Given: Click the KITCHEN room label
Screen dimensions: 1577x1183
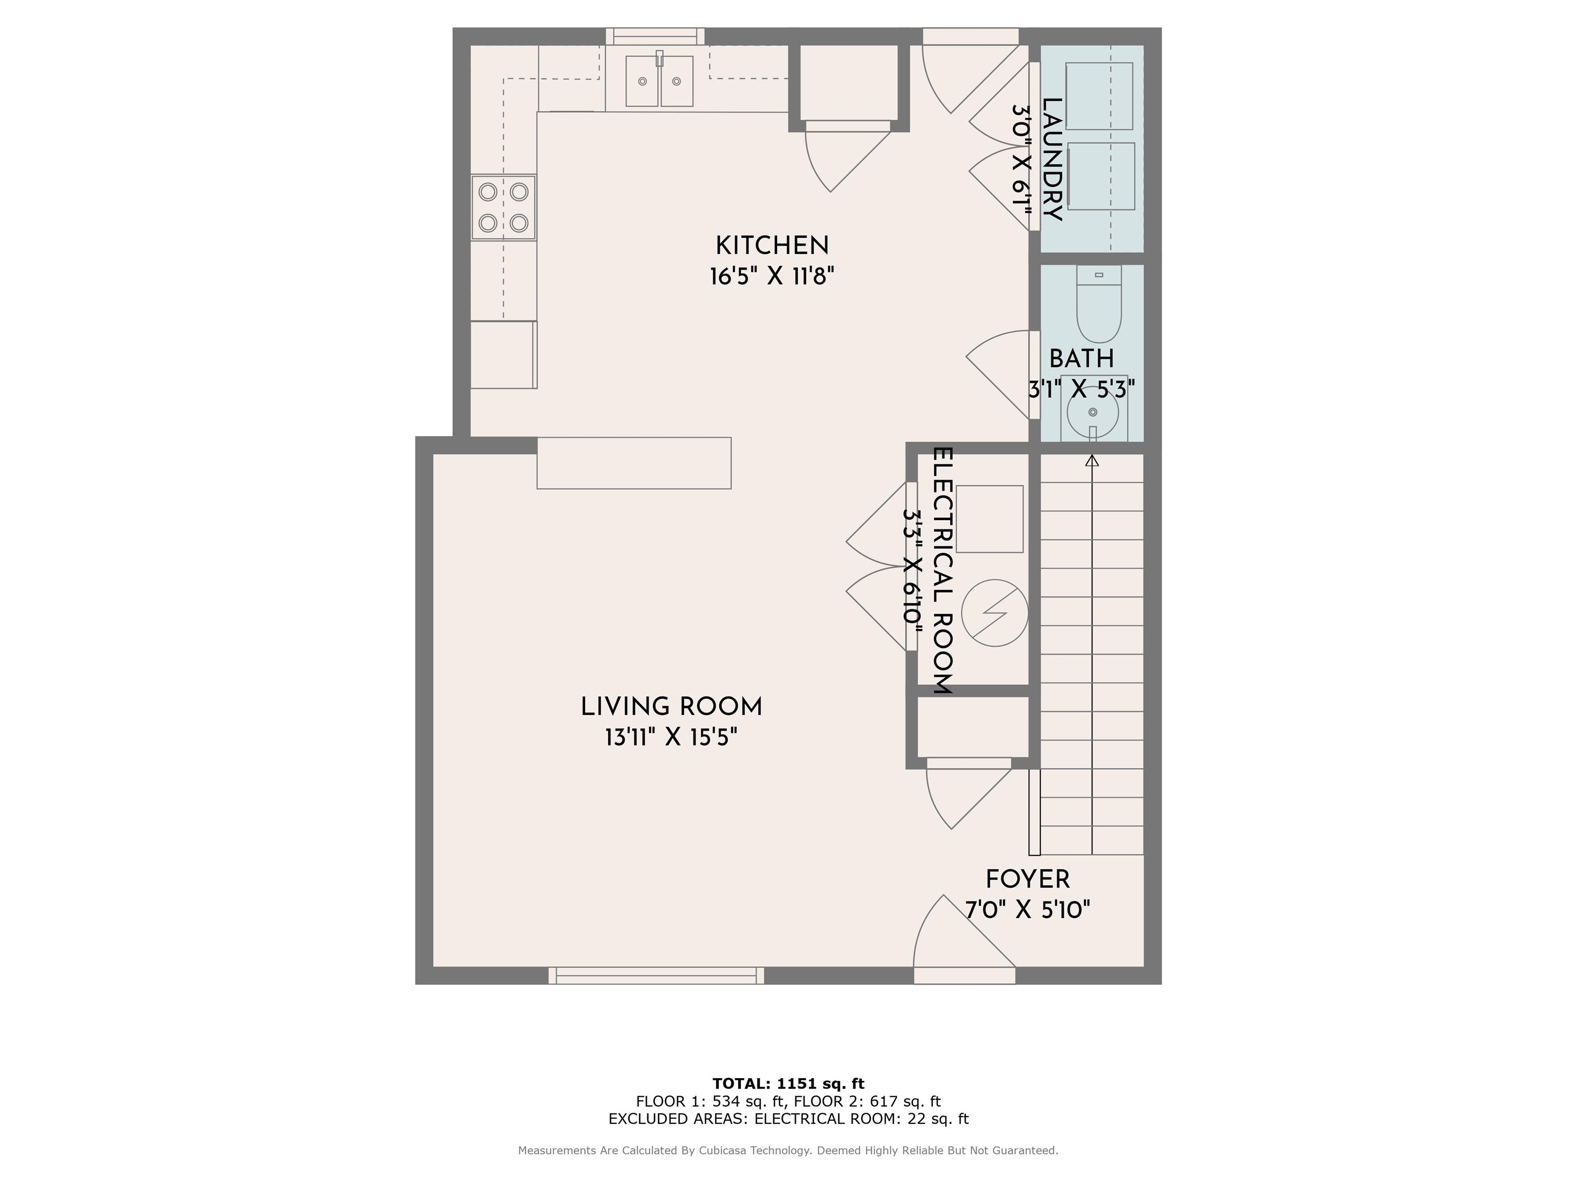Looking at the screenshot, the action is click(x=772, y=246).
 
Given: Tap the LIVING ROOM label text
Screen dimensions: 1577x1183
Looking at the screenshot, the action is click(x=671, y=708).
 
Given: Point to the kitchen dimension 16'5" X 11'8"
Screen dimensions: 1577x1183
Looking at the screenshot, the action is click(x=772, y=276).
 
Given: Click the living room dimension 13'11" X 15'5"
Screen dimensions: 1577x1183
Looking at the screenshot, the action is click(x=671, y=737).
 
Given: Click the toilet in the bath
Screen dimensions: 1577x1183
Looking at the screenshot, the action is click(x=1099, y=304).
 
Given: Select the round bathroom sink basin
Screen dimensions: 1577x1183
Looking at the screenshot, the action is click(x=1093, y=413).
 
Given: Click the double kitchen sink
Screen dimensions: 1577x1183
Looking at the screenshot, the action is click(x=660, y=81).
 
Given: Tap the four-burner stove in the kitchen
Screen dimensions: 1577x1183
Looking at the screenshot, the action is click(x=503, y=207).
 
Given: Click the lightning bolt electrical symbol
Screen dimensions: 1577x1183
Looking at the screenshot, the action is click(x=994, y=613).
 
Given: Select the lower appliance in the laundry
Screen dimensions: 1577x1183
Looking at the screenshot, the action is click(x=1102, y=176).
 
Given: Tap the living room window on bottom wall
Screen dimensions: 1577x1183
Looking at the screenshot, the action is click(x=656, y=976).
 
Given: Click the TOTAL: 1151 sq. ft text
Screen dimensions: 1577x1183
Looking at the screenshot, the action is click(x=788, y=1084).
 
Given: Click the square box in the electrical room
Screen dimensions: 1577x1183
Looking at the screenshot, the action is click(x=990, y=519).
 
